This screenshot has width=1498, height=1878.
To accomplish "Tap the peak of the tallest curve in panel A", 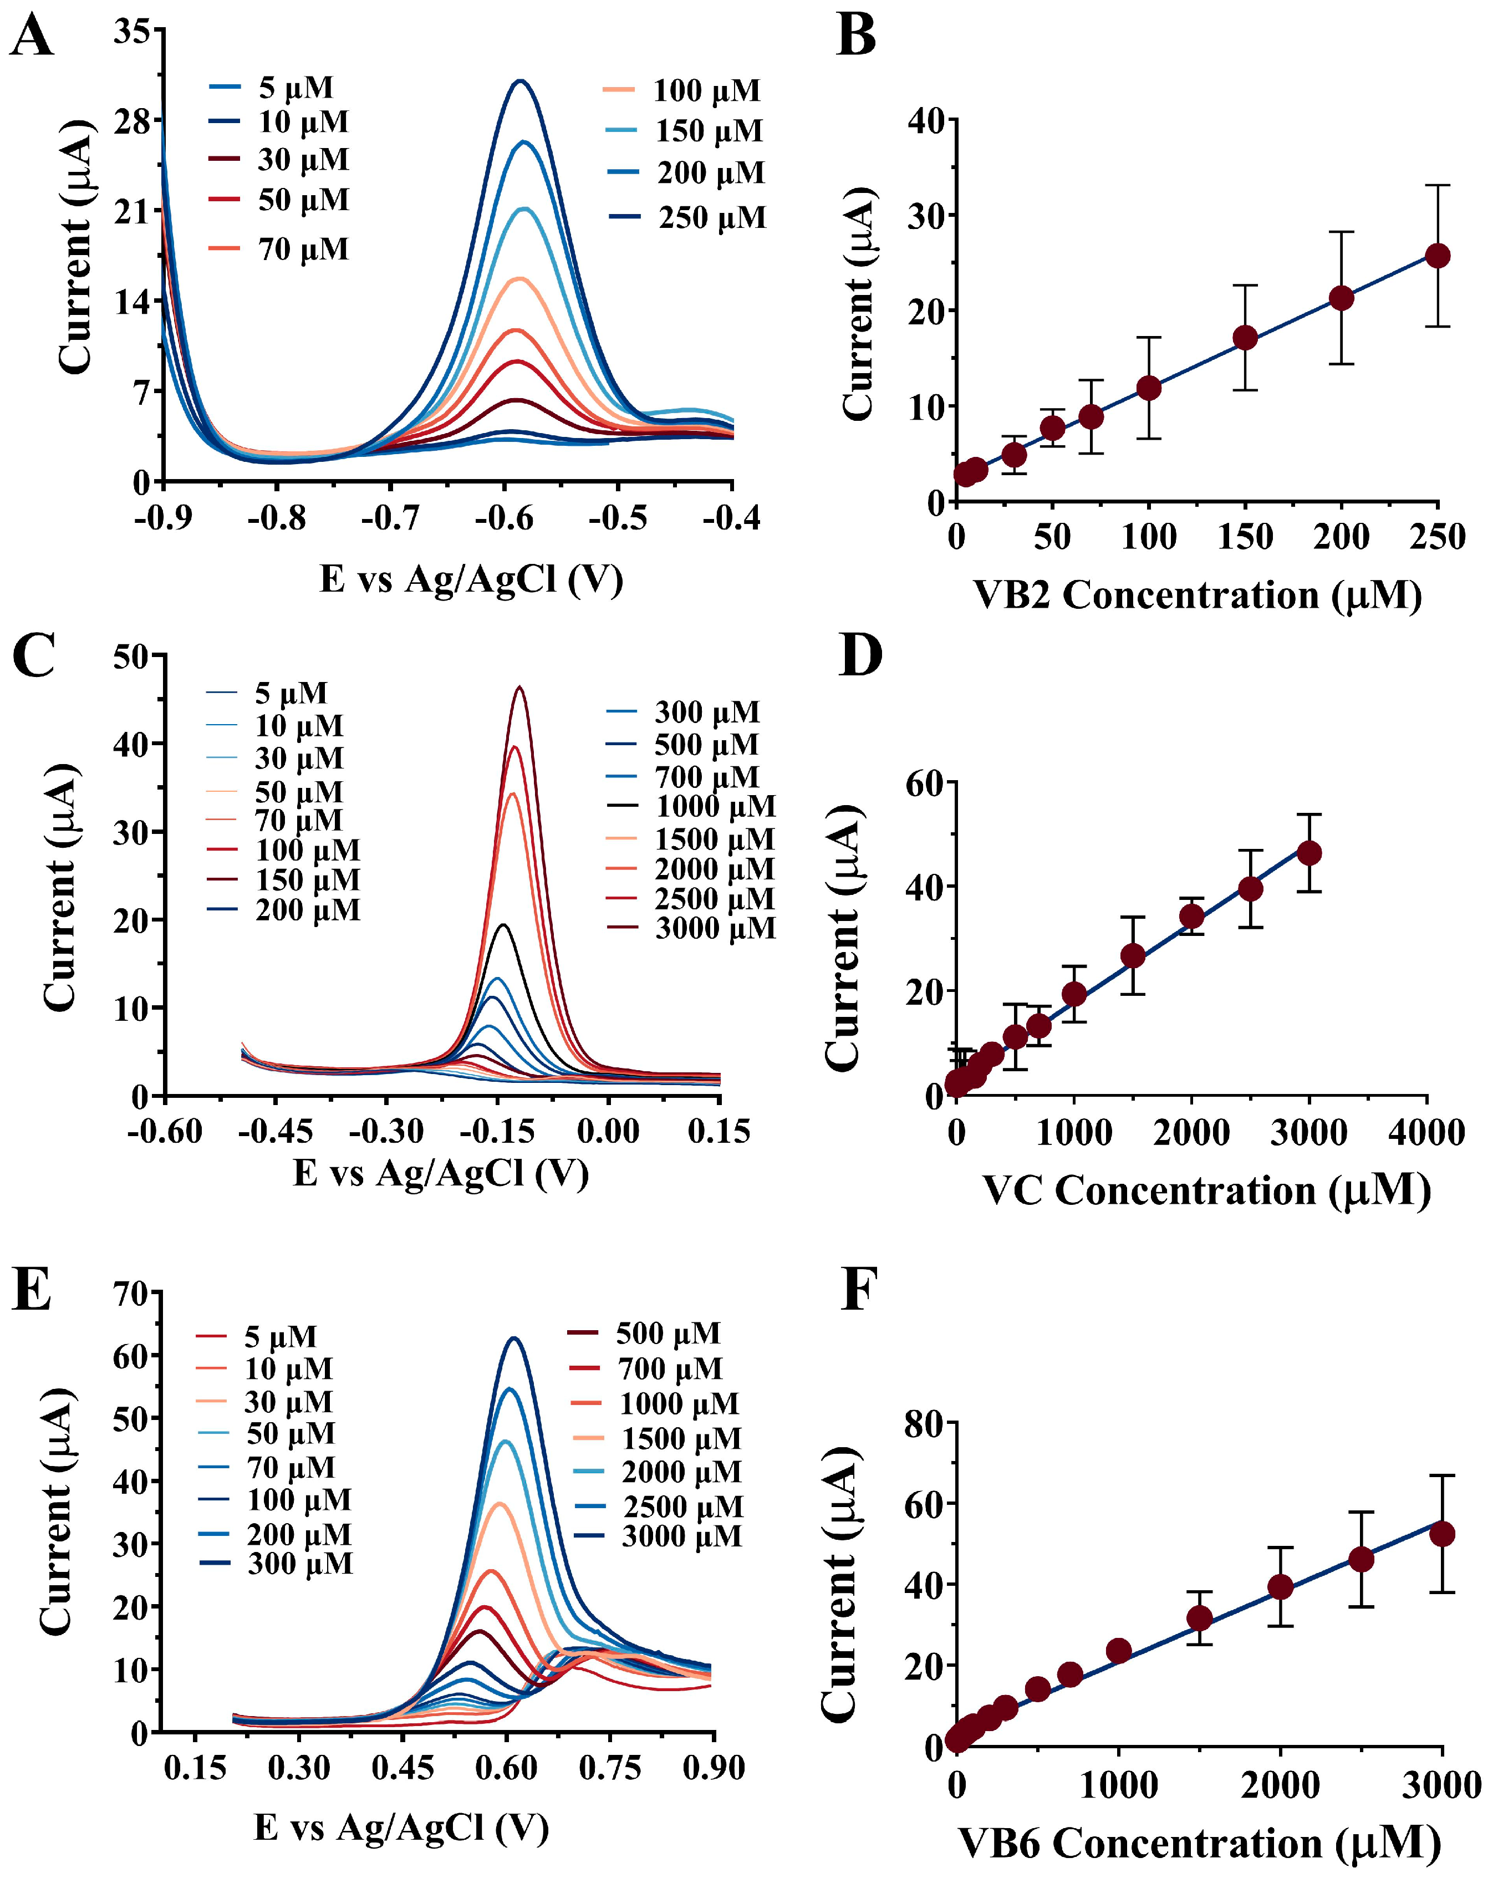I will [x=521, y=81].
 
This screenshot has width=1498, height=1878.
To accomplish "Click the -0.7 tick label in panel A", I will [x=390, y=519].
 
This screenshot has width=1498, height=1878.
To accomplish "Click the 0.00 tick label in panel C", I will [x=608, y=1132].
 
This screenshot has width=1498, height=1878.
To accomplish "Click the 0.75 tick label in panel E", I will [x=610, y=1768].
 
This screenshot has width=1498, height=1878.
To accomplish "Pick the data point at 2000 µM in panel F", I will [x=1280, y=1587].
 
